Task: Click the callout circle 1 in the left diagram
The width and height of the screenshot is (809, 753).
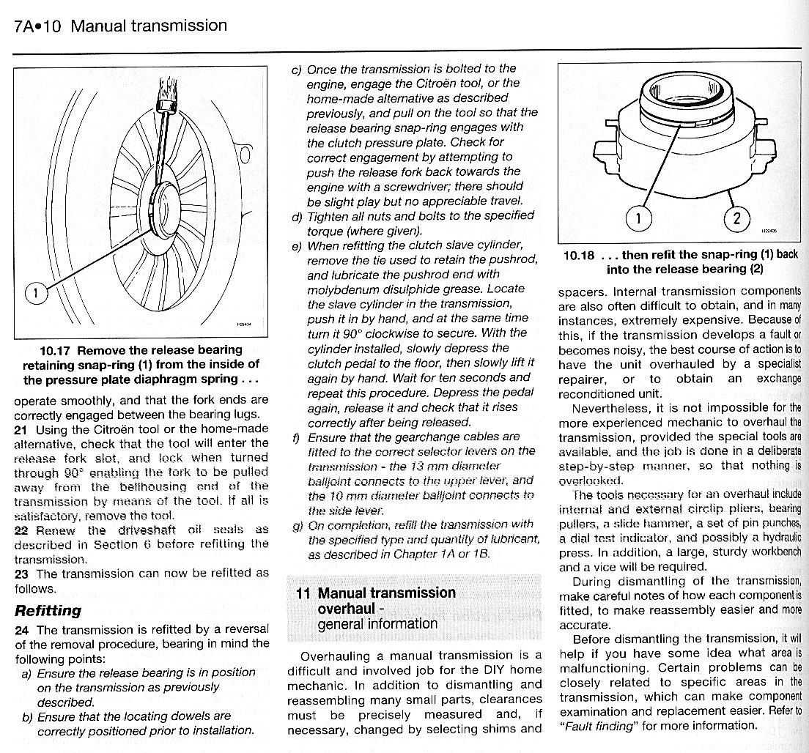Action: (x=34, y=294)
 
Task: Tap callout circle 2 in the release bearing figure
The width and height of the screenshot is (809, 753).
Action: (x=736, y=218)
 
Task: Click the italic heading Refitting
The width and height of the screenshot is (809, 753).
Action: (x=48, y=610)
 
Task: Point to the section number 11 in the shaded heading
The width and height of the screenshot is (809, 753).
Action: (x=303, y=593)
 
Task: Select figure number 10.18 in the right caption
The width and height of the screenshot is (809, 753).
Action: (x=579, y=255)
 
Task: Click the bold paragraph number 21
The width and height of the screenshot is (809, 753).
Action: (x=21, y=429)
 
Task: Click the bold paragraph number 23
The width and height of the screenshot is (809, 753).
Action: (x=22, y=574)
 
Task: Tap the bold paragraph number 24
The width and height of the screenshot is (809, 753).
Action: (x=22, y=629)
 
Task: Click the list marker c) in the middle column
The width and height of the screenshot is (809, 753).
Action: (x=296, y=69)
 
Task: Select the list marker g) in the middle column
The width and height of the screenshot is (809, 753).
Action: (x=296, y=524)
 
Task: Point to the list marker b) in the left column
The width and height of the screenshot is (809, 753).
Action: (x=26, y=716)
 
